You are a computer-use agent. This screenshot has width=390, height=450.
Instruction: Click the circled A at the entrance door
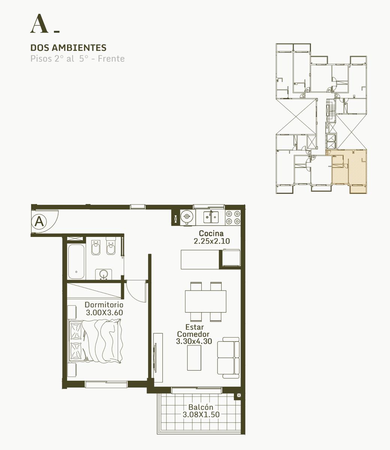39,222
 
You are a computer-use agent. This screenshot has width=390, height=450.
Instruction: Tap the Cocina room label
211,233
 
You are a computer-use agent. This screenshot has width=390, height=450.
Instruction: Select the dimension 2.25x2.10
212,241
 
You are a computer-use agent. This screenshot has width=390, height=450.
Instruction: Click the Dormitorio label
104,305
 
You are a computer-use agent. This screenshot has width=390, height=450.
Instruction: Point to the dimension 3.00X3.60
105,312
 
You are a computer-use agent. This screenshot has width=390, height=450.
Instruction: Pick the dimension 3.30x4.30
194,341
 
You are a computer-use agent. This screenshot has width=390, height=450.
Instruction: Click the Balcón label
201,407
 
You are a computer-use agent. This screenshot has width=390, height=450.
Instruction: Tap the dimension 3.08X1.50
201,415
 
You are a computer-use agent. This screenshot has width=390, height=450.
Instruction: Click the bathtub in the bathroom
76,262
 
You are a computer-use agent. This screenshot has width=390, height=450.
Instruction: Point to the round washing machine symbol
187,216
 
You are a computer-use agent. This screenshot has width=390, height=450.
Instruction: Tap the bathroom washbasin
103,274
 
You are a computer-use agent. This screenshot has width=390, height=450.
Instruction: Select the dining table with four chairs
206,301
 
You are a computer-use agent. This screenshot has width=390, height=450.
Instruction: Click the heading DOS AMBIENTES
68,48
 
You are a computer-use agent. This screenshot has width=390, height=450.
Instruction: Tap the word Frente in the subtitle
111,59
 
